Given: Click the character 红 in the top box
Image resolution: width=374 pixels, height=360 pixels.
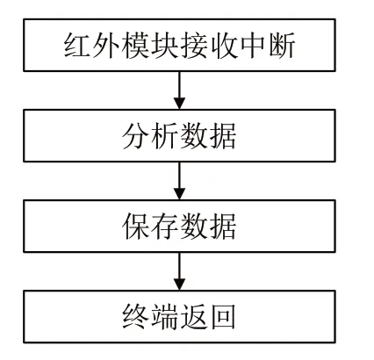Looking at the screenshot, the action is (x=77, y=46).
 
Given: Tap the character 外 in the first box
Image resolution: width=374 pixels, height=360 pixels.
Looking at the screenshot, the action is (x=106, y=46).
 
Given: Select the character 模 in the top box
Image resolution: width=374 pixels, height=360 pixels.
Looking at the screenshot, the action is (x=135, y=46).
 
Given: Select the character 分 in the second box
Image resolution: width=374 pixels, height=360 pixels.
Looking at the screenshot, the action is (x=136, y=136).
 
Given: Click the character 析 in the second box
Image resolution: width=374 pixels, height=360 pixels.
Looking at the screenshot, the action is (x=165, y=136).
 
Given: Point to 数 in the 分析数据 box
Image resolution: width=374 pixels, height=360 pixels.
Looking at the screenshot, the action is (x=194, y=136).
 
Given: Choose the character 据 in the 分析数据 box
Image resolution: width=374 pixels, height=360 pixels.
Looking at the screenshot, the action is (x=223, y=136).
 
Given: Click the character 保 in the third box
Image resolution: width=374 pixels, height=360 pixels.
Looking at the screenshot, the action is (x=136, y=227).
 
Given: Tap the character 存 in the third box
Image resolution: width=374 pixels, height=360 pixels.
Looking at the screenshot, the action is (x=165, y=227).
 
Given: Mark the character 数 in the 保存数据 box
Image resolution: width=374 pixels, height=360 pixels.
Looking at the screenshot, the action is (x=194, y=227).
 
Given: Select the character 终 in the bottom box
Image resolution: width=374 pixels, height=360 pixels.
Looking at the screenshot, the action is (x=136, y=317).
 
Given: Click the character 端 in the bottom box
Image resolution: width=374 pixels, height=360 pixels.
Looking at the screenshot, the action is (x=165, y=317).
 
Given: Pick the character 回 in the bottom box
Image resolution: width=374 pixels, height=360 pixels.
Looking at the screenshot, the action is (x=223, y=317).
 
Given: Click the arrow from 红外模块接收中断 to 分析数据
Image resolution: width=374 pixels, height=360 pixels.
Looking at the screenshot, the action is (x=179, y=90).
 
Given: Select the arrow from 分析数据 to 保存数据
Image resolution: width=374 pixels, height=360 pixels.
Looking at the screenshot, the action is (x=179, y=181).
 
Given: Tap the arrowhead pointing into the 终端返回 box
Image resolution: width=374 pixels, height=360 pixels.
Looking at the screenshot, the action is (x=179, y=284).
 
